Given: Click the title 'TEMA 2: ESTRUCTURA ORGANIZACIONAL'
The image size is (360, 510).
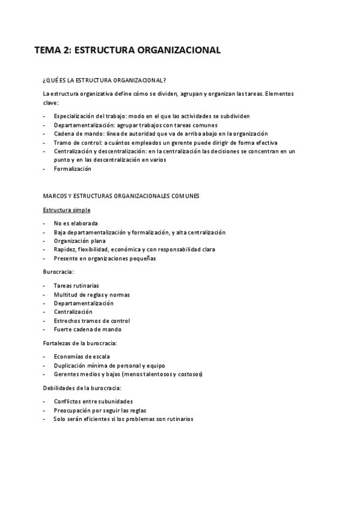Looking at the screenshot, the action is coord(127,51).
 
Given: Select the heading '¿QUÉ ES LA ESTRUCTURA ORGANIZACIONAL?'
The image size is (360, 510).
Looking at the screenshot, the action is coord(105,79).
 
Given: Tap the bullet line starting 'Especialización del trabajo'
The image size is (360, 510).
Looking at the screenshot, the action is coord(151,115).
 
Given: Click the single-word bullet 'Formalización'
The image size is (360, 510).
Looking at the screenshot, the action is coord(72,169).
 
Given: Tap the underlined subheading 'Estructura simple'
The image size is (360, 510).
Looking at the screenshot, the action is coord(67,210).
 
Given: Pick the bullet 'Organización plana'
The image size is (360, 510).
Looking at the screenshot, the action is coord(80,241).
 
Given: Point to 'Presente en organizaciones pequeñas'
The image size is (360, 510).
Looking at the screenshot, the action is coord(104,259).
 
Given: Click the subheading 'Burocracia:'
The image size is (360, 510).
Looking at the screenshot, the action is coord(58,272).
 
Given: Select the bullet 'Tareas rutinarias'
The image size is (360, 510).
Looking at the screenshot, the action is coord(76,285).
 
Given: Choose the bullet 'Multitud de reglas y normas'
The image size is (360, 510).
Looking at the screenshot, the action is coord(91,294).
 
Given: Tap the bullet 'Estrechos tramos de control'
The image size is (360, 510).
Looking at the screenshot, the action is coord(91,321).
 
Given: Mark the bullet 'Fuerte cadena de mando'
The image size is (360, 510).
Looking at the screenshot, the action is coord(87,330).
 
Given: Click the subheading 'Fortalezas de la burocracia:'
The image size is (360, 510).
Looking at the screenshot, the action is coord(80,343).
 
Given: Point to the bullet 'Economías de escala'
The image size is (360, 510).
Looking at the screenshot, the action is coord(81,356).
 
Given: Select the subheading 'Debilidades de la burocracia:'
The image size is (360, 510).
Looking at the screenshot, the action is coord(82,387).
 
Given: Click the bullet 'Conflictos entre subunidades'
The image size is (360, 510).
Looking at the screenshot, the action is coord(93,401).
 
